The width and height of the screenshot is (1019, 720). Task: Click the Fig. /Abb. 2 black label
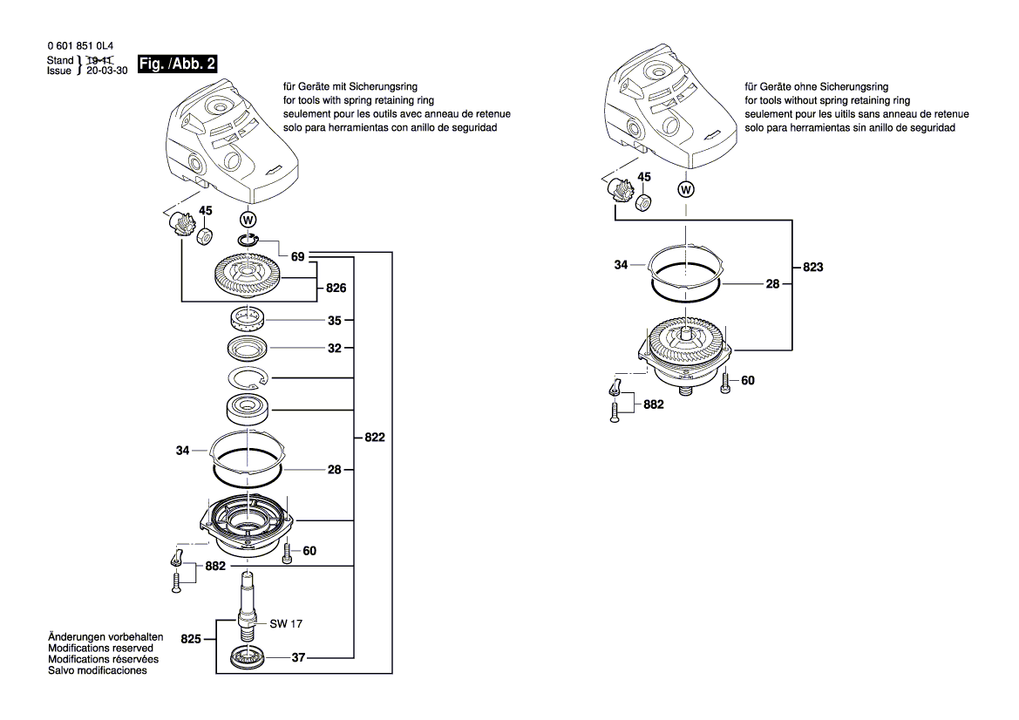coord(178,65)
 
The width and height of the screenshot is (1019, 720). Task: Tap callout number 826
coord(336,289)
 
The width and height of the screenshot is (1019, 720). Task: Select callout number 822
coord(374,438)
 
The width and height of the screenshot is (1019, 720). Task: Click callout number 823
coord(812,268)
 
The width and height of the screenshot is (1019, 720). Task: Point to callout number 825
coord(192,640)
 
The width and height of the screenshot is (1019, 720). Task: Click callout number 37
coord(298,658)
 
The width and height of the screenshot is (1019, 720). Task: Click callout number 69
coord(298,257)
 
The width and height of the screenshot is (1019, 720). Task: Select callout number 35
coord(335,321)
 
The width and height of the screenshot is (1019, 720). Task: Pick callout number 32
coord(335,347)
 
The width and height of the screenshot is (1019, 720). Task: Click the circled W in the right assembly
coord(687,188)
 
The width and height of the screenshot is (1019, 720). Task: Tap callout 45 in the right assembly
coord(644,177)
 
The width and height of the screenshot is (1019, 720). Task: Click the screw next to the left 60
coord(287,552)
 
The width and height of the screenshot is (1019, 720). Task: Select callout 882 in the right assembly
coord(653,404)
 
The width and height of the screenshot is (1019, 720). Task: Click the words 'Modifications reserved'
coord(101,649)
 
